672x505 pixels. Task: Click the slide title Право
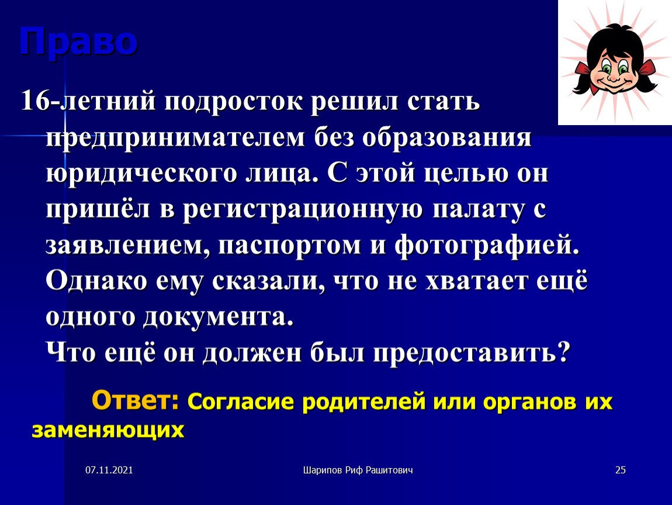pyautogui.click(x=78, y=41)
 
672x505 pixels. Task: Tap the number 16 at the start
pyautogui.click(x=34, y=101)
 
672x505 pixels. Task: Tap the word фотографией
pyautogui.click(x=486, y=245)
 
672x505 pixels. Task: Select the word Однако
pyautogui.click(x=96, y=281)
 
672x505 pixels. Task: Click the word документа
pyautogui.click(x=218, y=318)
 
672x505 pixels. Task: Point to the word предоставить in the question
pyautogui.click(x=471, y=353)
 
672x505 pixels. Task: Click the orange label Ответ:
pyautogui.click(x=135, y=401)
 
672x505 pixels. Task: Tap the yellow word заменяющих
pyautogui.click(x=108, y=430)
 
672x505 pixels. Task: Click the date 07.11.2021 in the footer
pyautogui.click(x=109, y=470)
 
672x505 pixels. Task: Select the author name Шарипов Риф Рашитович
pyautogui.click(x=358, y=471)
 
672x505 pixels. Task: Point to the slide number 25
pyautogui.click(x=621, y=470)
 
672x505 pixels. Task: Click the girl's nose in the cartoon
pyautogui.click(x=613, y=77)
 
